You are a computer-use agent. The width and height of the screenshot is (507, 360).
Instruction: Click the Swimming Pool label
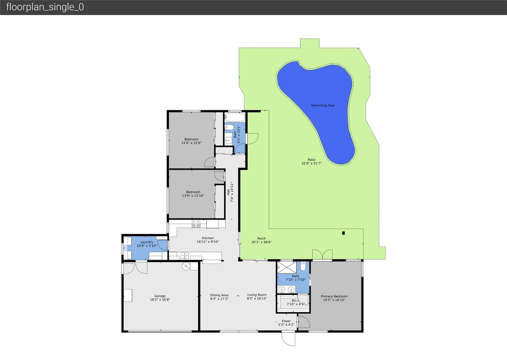click(x=323, y=105)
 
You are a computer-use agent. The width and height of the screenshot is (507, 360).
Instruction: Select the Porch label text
click(x=261, y=239)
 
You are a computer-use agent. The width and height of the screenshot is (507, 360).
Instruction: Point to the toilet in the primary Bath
click(x=303, y=266)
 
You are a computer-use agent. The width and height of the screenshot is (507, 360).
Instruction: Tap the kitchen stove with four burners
click(x=196, y=224)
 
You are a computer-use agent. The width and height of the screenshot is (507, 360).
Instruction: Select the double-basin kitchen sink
click(x=184, y=255)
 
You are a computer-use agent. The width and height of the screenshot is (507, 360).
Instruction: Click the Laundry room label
click(x=146, y=242)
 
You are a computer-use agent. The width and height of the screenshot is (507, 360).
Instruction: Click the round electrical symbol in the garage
click(x=186, y=266)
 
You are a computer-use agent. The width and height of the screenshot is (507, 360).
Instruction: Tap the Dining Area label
click(x=219, y=295)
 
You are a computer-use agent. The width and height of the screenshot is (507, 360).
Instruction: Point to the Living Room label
click(x=257, y=295)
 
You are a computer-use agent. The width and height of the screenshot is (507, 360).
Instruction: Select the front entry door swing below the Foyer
click(x=288, y=338)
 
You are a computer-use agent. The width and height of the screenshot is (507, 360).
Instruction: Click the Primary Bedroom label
click(x=334, y=296)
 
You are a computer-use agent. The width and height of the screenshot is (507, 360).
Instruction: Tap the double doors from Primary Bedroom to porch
click(x=322, y=255)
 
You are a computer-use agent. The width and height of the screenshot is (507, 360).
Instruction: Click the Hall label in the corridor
click(x=229, y=192)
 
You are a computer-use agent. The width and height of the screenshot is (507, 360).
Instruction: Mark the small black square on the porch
click(x=344, y=233)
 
